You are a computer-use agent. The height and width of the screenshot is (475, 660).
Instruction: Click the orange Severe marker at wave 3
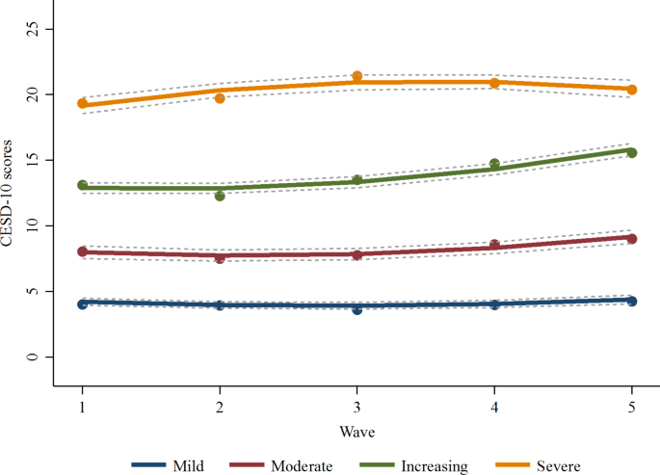coord(357,76)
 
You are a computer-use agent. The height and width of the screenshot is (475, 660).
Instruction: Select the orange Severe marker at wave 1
coord(83,103)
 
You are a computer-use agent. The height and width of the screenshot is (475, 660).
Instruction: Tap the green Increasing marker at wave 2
coord(220,196)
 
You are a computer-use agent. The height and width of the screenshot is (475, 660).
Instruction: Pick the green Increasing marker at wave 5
coord(632,152)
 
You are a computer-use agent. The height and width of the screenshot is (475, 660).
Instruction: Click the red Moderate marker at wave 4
coord(494,245)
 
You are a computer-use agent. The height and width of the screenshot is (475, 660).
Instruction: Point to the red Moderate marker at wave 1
coord(83,251)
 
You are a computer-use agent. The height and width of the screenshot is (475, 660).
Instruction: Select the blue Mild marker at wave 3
coord(357,309)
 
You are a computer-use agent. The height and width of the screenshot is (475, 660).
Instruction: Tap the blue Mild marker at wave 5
coord(632,301)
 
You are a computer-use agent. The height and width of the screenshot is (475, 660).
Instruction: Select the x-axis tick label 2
coord(220,406)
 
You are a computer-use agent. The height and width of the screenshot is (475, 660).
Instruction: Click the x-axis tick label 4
coord(494,406)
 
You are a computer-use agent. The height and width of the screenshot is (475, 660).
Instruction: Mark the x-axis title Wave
coord(356,430)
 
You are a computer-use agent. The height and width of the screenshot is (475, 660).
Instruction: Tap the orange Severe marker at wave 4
coord(494,83)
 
